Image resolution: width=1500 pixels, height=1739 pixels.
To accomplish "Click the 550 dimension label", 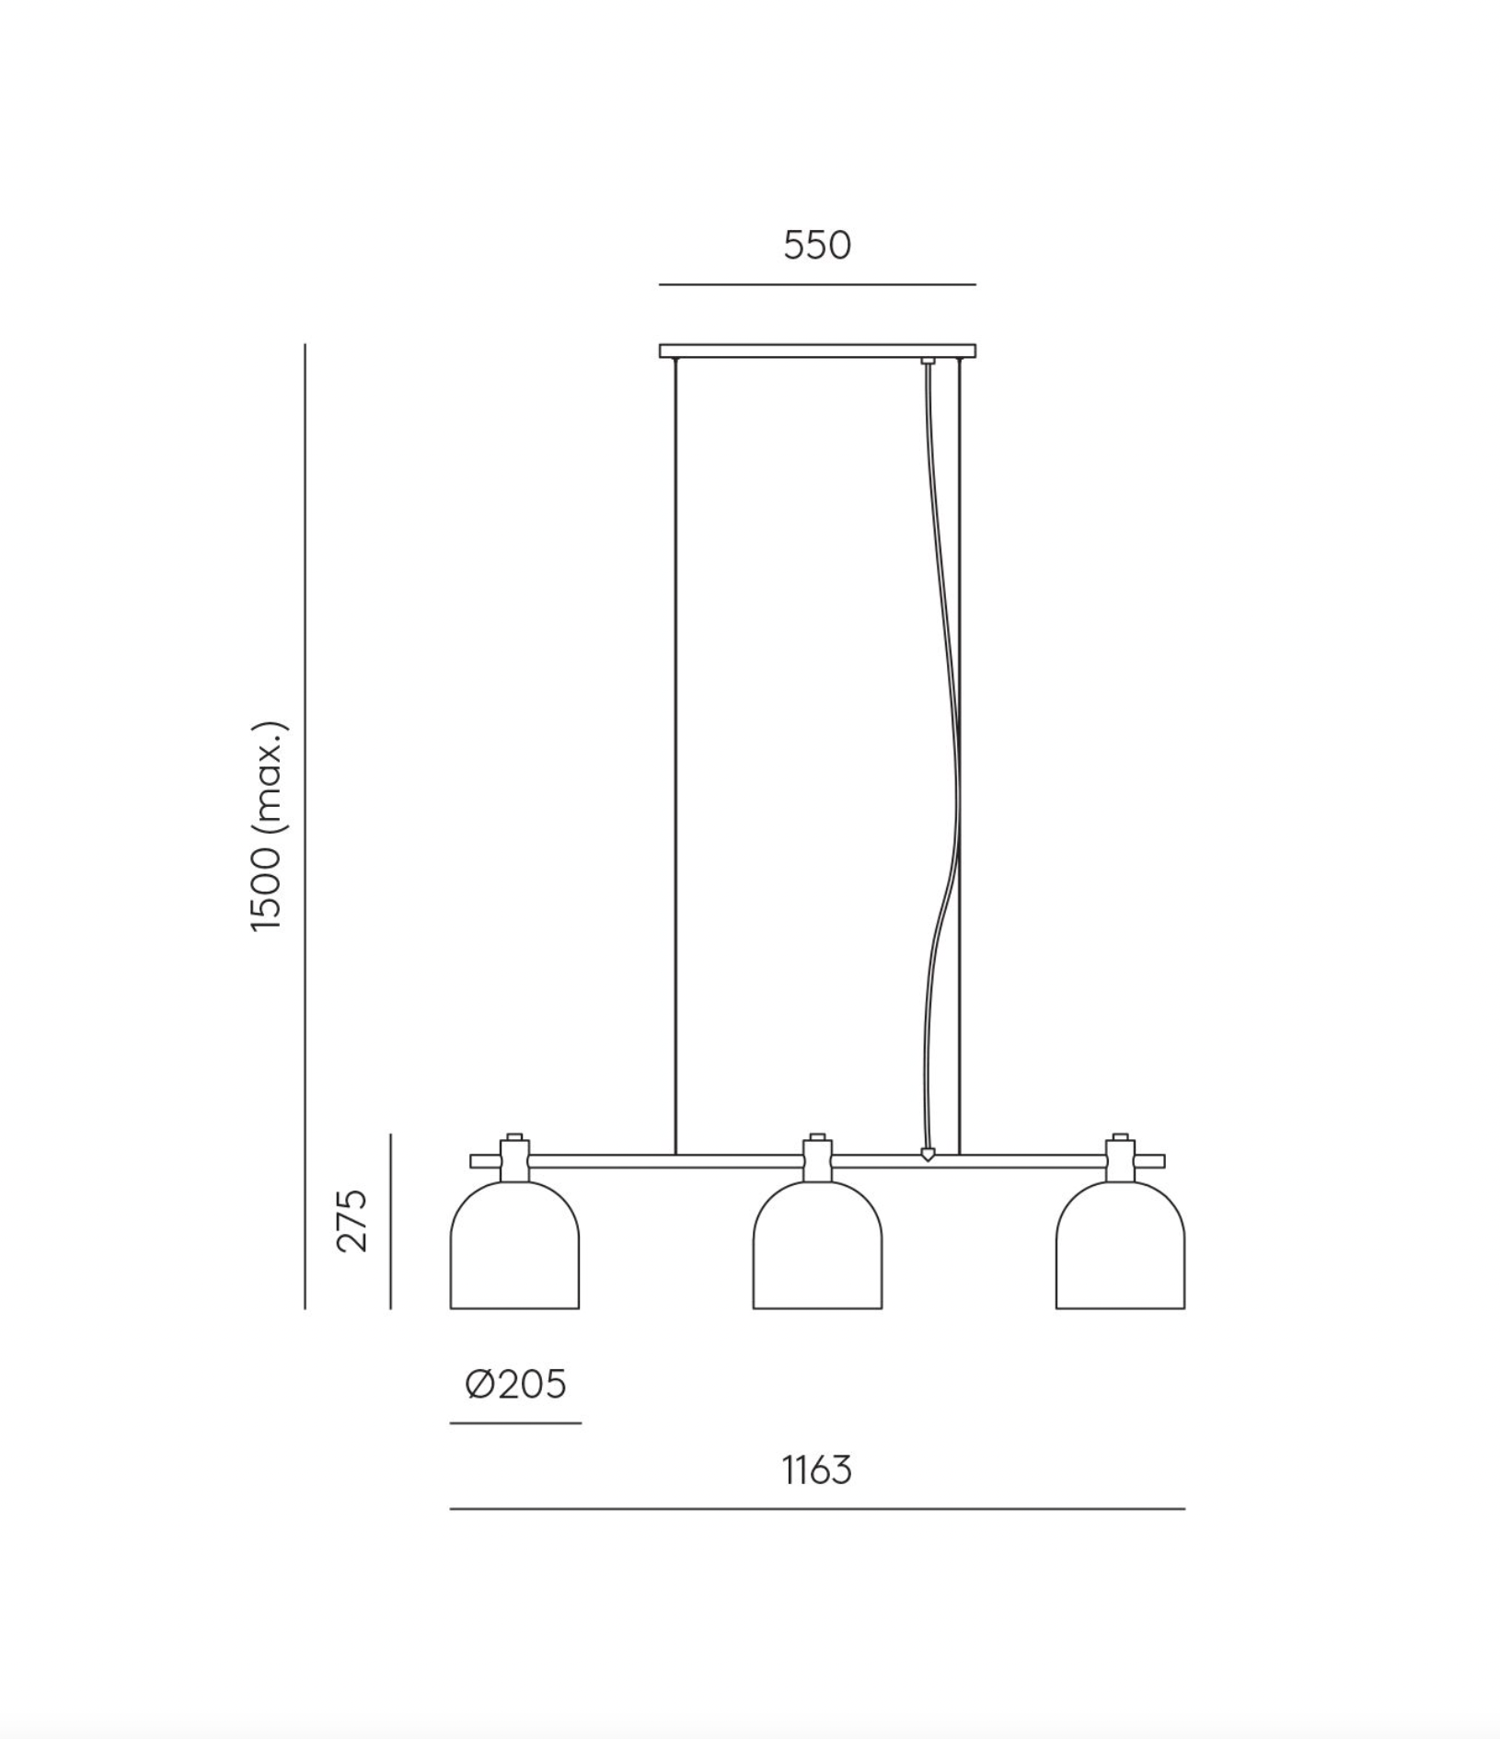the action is (x=817, y=245).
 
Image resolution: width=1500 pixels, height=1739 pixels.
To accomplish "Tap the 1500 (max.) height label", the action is (x=271, y=826).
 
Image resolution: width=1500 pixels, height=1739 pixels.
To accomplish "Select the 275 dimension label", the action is (x=352, y=1220).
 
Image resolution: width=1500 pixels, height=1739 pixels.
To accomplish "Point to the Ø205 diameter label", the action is (x=515, y=1384).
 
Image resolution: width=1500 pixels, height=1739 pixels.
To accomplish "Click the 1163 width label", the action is (x=817, y=1470).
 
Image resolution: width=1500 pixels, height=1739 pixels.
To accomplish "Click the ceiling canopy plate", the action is (x=817, y=351).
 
